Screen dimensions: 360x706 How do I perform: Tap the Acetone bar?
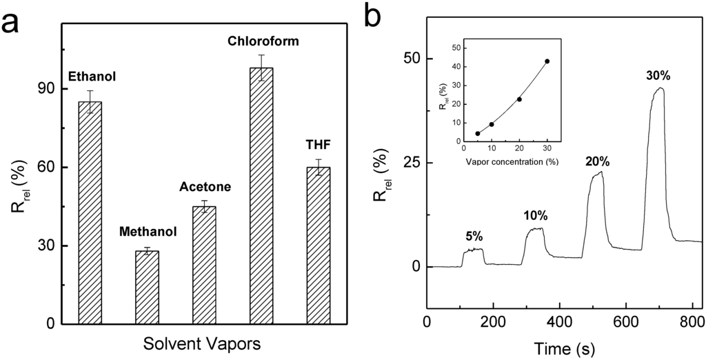point(204,265)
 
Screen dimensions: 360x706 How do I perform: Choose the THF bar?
point(319,245)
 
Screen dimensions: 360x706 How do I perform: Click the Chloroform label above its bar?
point(263,42)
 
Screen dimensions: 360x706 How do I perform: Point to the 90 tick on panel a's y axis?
point(43,89)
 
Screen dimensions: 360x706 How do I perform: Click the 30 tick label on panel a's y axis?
point(43,246)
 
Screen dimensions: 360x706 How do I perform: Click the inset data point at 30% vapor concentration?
point(547,61)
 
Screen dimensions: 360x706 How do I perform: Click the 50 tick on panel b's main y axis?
point(412,58)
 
